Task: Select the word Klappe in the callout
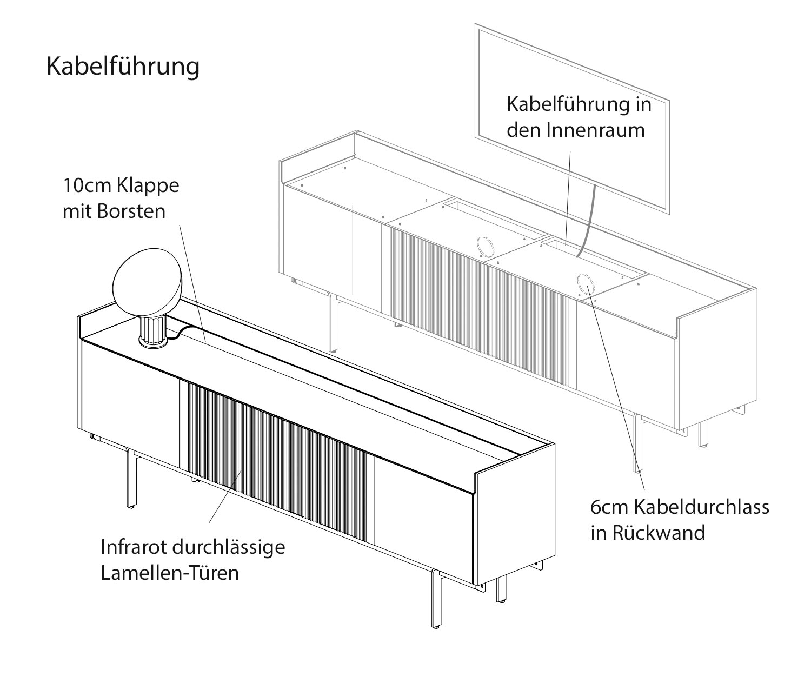(x=147, y=185)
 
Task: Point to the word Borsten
(x=131, y=211)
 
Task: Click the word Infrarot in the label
(x=134, y=547)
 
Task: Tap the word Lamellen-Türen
(x=170, y=573)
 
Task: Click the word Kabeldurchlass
(x=701, y=507)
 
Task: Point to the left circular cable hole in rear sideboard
(x=485, y=247)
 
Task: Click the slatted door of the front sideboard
(x=276, y=460)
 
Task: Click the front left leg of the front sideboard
(x=131, y=481)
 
